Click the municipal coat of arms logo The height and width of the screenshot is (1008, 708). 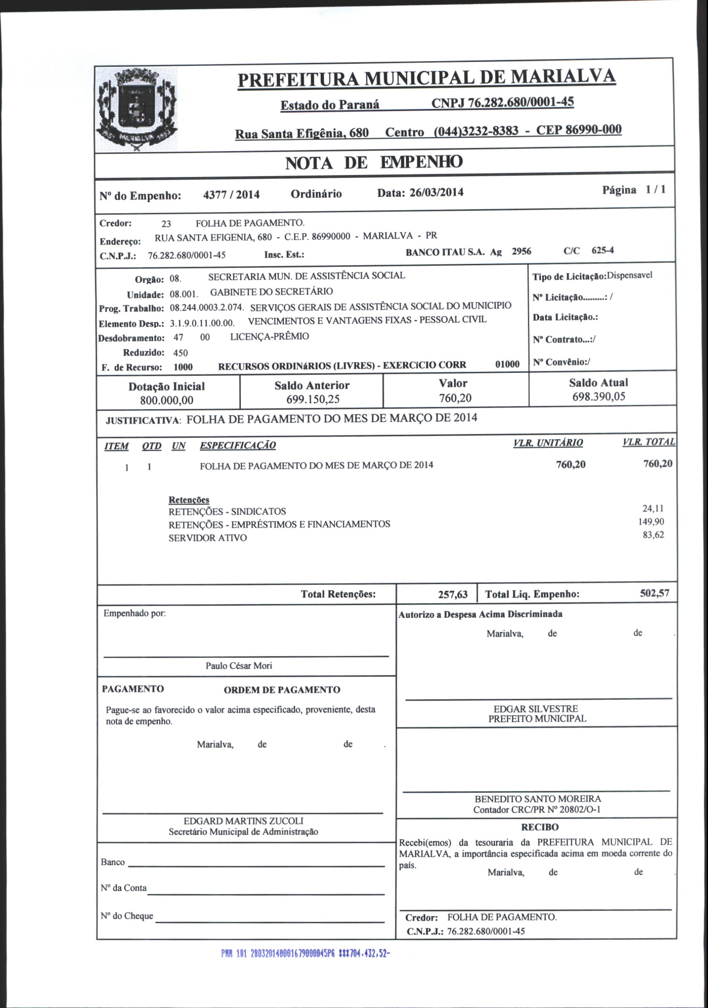(x=136, y=110)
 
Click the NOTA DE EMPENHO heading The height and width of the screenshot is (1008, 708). (x=374, y=163)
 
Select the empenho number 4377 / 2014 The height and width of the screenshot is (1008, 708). (x=231, y=195)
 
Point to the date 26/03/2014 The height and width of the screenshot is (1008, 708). (x=436, y=193)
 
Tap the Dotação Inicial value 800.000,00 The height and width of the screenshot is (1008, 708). (x=166, y=400)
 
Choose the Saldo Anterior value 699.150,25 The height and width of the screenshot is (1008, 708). (x=313, y=399)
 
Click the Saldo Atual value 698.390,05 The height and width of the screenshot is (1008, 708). (x=598, y=397)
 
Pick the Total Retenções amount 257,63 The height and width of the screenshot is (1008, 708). (x=452, y=595)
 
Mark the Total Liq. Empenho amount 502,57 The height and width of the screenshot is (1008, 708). (x=654, y=594)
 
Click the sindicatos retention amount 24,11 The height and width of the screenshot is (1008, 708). (x=653, y=508)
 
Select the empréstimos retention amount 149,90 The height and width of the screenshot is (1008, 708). (x=651, y=522)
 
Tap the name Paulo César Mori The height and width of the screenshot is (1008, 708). (x=239, y=666)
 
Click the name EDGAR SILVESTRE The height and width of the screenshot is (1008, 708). (x=535, y=709)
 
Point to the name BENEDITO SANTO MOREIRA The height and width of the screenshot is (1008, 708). (x=538, y=799)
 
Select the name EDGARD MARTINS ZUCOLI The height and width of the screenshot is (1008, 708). (x=243, y=821)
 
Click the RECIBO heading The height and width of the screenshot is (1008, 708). (x=539, y=827)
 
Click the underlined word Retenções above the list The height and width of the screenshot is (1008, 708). (x=189, y=500)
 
